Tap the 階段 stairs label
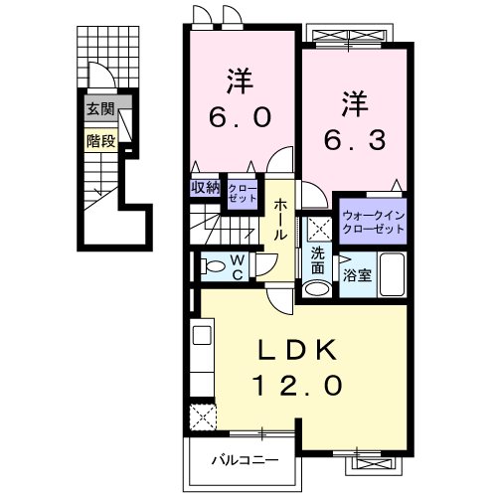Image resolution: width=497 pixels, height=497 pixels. pos(99,141)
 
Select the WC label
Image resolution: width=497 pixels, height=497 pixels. pos(240,266)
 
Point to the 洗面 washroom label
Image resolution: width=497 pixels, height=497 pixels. pos(317,260)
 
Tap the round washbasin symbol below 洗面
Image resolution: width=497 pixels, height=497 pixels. pos(316,289)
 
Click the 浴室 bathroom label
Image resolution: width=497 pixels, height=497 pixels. pos(359,275)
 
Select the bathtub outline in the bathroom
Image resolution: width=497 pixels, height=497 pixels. pos(393,275)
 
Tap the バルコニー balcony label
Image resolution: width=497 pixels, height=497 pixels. pos(245,460)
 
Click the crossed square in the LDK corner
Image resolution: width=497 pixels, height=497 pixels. pos(204,415)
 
